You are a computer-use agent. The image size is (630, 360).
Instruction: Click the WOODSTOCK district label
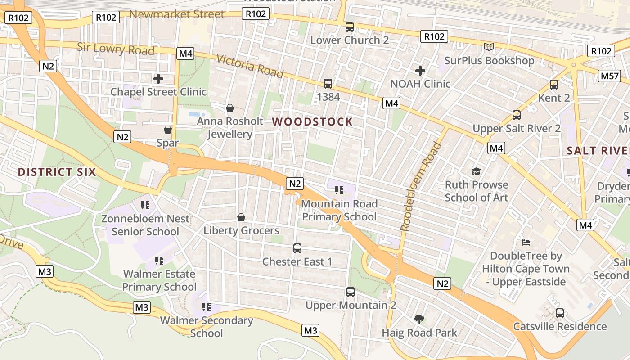pos(312,121)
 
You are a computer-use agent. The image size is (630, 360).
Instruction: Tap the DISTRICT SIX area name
pos(57,172)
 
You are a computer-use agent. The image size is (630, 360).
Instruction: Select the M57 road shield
pos(610,76)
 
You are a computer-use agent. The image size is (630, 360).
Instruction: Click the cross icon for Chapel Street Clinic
pos(158,79)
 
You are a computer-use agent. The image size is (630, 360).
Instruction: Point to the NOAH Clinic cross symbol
pos(420,71)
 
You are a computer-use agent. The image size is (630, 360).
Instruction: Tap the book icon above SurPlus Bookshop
pos(489,47)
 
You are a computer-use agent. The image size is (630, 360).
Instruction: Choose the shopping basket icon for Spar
pos(168,130)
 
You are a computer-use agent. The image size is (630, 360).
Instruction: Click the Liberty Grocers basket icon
pos(241,218)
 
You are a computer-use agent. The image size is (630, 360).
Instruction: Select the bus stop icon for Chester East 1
pos(297,248)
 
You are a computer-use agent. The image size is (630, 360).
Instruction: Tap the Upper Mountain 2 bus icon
pos(351,292)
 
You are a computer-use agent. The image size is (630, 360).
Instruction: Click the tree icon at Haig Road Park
pos(419,319)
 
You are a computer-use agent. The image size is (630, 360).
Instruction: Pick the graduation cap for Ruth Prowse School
pos(476,171)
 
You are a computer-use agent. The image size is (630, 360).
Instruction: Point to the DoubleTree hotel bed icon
pos(526,243)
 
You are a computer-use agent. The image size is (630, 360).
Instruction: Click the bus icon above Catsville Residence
pos(560,313)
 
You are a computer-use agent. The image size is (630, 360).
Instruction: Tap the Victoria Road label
pos(250,66)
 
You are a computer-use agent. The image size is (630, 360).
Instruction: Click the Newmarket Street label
pos(177,14)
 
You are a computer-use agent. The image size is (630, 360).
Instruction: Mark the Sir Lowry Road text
pos(116,49)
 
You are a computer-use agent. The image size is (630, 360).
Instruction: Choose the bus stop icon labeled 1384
pos(328,84)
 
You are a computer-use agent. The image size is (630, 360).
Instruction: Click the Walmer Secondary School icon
pos(207,307)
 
